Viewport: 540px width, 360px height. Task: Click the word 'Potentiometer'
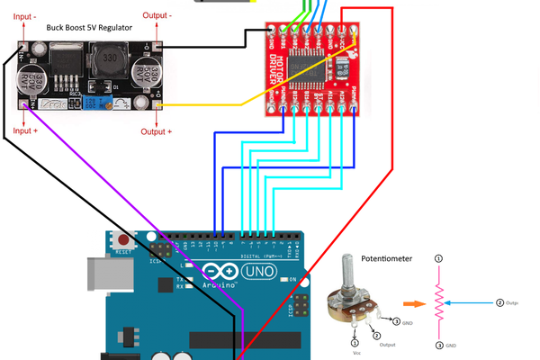coord(386,258)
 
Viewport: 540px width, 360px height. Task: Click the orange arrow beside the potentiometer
coord(411,304)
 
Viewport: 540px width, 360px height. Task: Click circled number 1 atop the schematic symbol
coord(438,259)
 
